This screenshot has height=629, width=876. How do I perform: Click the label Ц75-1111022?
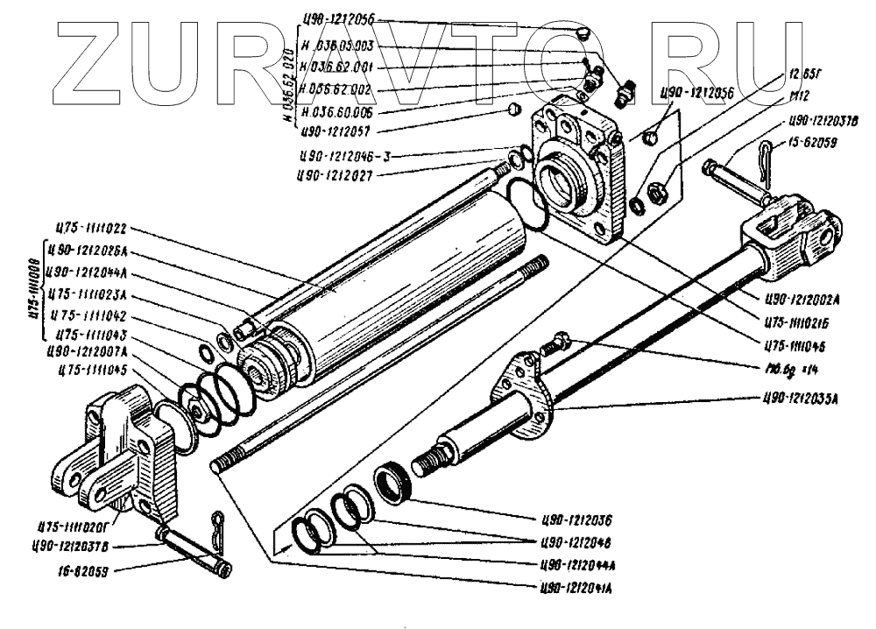coord(91,230)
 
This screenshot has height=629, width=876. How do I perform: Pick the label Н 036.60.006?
coord(338,113)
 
